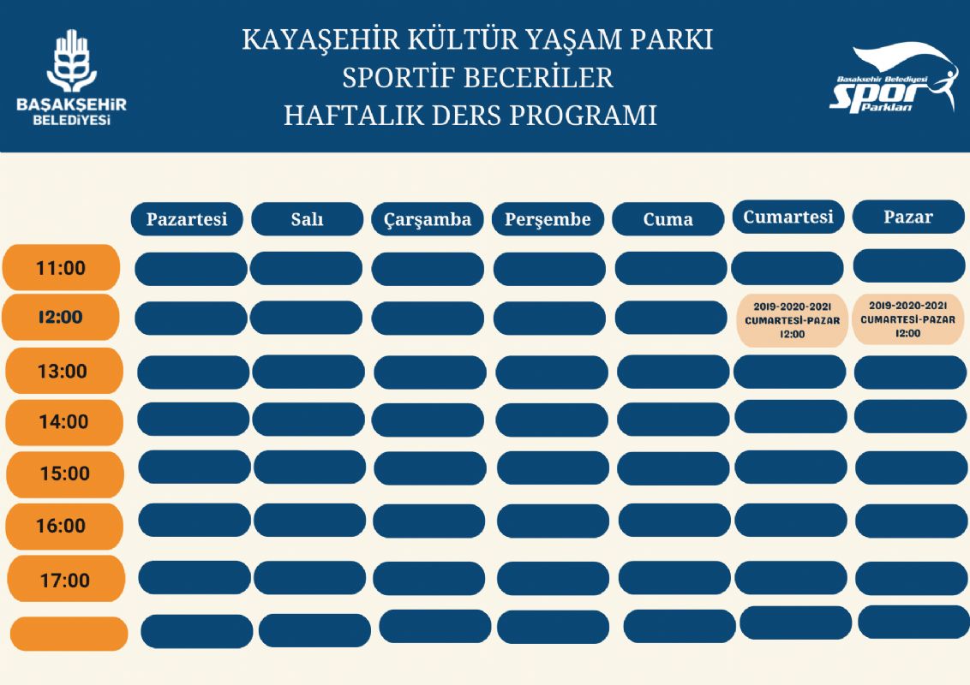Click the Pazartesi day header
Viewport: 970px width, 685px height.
(x=187, y=219)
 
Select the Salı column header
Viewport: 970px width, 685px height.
(x=307, y=219)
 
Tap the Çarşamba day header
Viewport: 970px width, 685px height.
(x=428, y=219)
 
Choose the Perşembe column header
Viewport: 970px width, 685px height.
(x=548, y=219)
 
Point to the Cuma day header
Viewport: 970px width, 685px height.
(x=668, y=219)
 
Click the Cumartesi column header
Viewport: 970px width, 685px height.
(x=787, y=217)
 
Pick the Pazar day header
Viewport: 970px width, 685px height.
(x=907, y=217)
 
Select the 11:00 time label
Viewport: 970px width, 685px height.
(x=61, y=268)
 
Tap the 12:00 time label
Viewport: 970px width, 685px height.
(x=60, y=317)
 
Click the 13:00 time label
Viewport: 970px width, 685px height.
(x=63, y=372)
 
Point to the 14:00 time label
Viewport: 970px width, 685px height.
(x=64, y=422)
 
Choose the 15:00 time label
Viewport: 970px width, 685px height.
(x=65, y=474)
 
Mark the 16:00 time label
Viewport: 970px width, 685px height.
(x=62, y=526)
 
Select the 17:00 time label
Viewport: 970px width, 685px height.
(x=65, y=581)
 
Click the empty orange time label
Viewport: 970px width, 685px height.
(x=69, y=634)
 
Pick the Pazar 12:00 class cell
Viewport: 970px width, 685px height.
(x=907, y=319)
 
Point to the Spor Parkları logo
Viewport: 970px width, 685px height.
(x=894, y=79)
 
